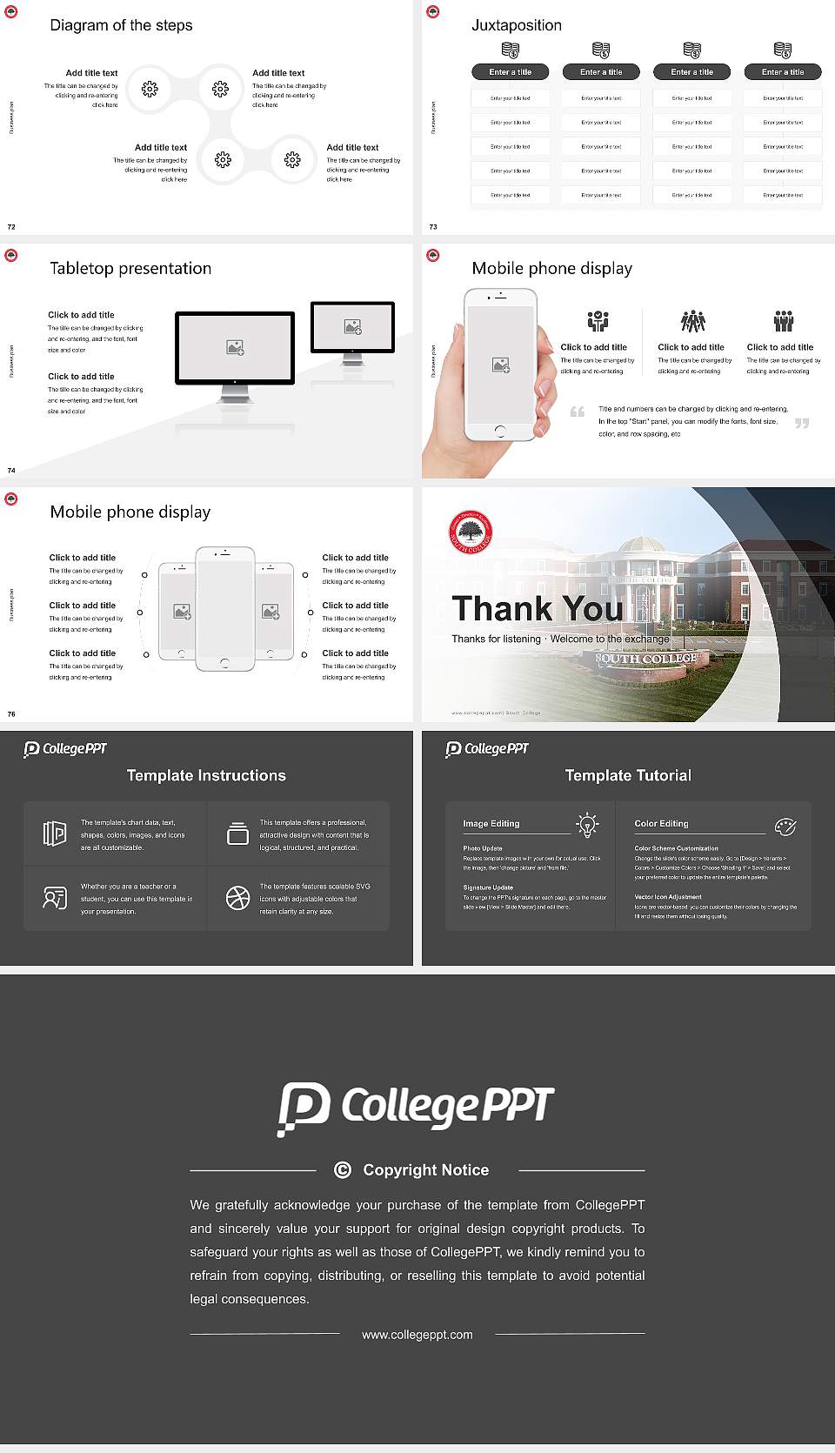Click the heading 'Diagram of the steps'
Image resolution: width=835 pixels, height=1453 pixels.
click(121, 25)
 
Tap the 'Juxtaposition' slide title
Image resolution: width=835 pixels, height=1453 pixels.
click(516, 25)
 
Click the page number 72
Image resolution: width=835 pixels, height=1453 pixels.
click(11, 226)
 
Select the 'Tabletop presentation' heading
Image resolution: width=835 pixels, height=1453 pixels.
click(130, 268)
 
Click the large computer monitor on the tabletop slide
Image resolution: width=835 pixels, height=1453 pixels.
click(235, 348)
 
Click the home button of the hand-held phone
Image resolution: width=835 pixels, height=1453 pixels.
click(499, 431)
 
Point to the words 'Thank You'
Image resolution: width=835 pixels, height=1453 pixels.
click(538, 608)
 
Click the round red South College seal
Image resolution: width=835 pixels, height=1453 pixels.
click(471, 532)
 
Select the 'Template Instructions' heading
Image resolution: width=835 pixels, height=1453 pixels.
click(206, 775)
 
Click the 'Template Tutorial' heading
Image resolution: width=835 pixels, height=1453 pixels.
click(628, 775)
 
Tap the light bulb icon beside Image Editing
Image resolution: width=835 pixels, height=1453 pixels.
click(588, 825)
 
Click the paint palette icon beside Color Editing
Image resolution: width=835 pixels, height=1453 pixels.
click(785, 826)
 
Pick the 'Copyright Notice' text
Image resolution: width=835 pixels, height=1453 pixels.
click(425, 1170)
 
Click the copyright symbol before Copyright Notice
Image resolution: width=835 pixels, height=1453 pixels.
click(343, 1170)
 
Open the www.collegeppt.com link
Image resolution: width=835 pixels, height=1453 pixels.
click(417, 1335)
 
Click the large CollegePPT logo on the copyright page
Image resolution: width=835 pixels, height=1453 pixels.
click(416, 1108)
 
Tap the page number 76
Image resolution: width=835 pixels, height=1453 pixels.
click(11, 713)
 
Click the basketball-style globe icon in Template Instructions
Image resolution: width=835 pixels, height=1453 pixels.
click(237, 898)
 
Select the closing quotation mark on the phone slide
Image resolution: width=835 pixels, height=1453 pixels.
click(802, 423)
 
